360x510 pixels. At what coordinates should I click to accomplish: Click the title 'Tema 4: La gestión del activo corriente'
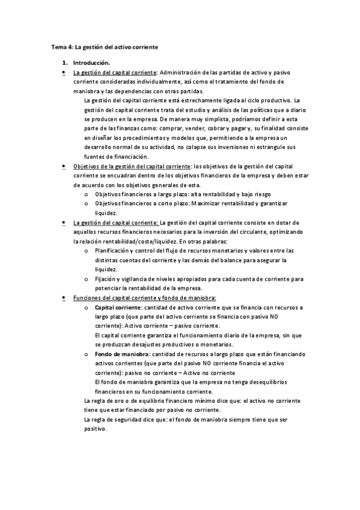click(x=104, y=46)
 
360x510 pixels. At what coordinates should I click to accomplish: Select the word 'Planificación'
click(x=114, y=250)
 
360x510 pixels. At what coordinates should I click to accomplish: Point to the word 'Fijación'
click(x=106, y=278)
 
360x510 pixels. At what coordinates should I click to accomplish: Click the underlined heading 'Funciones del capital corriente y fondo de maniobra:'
click(x=144, y=298)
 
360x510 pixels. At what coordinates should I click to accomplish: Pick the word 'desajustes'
click(x=147, y=345)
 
